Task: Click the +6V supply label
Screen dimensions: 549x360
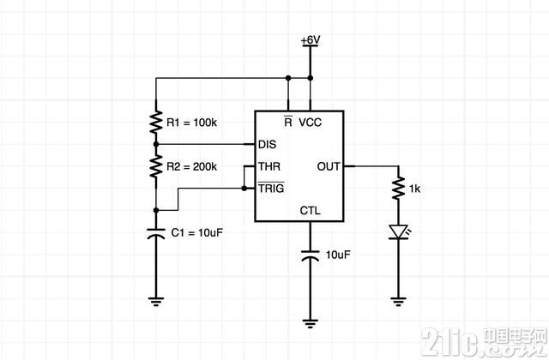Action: click(x=311, y=40)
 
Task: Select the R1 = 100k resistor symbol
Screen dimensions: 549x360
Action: click(x=156, y=122)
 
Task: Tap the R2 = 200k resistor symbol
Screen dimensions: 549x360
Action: click(x=156, y=166)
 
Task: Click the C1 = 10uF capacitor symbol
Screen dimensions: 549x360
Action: click(x=156, y=233)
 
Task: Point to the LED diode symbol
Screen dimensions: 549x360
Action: click(x=398, y=232)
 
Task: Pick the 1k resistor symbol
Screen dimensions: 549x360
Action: click(x=398, y=189)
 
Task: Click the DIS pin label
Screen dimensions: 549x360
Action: click(x=267, y=144)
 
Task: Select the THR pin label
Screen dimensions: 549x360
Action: click(x=269, y=166)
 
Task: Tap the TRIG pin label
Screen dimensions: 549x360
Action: click(x=271, y=188)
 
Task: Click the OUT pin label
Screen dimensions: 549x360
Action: click(x=329, y=166)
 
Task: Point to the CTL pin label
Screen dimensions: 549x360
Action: click(x=311, y=210)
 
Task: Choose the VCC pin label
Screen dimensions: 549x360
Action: click(x=311, y=123)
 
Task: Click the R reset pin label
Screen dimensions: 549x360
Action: click(x=288, y=122)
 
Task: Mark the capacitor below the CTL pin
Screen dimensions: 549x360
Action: click(x=311, y=255)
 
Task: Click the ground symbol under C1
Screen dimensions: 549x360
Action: click(x=156, y=301)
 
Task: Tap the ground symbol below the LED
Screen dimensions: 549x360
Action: click(x=398, y=301)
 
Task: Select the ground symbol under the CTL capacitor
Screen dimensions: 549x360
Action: click(x=311, y=323)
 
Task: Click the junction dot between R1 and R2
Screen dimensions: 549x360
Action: click(x=156, y=144)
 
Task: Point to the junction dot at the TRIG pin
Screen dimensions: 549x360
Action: click(x=244, y=189)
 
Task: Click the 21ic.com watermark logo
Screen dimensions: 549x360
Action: click(x=484, y=341)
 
